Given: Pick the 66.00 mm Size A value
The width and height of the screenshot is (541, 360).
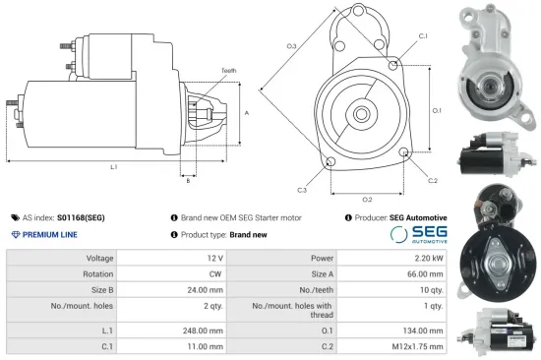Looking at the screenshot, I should click(x=424, y=274).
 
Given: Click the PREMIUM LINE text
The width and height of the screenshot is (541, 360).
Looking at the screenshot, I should click(x=49, y=235).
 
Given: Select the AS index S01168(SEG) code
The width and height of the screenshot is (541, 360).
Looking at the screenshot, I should click(x=82, y=217).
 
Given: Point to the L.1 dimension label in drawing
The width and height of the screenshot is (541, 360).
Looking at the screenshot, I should click(x=113, y=167).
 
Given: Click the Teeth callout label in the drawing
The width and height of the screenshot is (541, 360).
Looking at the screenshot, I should click(x=228, y=71).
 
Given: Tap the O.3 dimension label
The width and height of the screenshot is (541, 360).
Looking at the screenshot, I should click(x=292, y=46).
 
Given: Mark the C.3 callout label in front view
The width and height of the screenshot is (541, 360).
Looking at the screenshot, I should click(x=301, y=190).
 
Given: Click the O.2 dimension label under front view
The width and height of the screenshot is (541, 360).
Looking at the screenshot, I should click(x=366, y=200).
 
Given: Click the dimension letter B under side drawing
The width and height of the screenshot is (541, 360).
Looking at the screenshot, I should click(x=188, y=180).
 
